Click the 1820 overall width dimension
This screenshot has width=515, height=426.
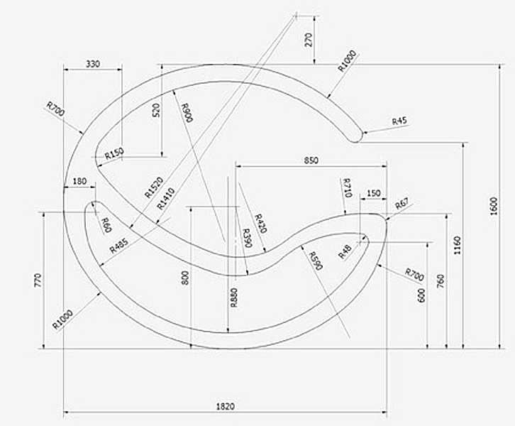226,406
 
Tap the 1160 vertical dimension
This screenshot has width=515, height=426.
458,245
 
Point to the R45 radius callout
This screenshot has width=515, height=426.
400,121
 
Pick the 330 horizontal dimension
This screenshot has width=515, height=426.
93,64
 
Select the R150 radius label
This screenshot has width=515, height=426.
113,154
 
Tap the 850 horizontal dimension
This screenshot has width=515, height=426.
311,160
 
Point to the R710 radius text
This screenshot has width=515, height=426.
348,187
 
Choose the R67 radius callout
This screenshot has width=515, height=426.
402,204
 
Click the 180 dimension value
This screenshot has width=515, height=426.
79,182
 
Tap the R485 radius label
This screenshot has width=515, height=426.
118,246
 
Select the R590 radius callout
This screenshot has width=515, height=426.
316,261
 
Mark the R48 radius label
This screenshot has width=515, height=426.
345,251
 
